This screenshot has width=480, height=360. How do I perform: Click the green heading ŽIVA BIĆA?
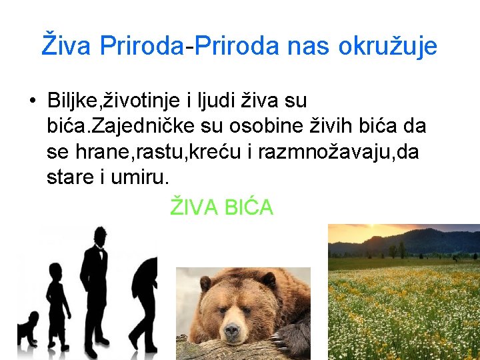click(x=222, y=207)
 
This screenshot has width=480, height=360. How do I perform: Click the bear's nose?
click(x=232, y=329)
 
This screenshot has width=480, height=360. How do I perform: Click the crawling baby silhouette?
click(x=28, y=329)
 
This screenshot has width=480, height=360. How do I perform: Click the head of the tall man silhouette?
click(x=100, y=236)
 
